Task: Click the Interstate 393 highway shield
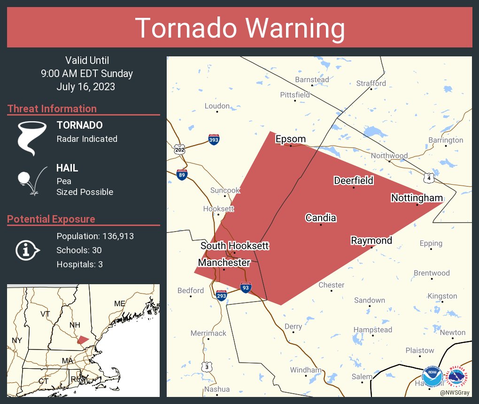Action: click(x=214, y=139)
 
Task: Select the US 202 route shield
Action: click(x=179, y=150)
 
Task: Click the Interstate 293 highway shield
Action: click(x=222, y=295)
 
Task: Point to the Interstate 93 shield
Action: click(x=245, y=287)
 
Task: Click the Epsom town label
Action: click(x=290, y=139)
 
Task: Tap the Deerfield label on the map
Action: click(x=354, y=180)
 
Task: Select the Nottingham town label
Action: click(x=417, y=198)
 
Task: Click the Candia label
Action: click(x=321, y=218)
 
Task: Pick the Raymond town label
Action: click(x=371, y=241)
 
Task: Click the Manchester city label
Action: click(x=224, y=263)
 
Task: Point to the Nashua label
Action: click(x=217, y=389)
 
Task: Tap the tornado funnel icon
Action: click(x=32, y=137)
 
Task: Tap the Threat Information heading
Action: click(x=52, y=109)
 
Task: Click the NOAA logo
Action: click(x=432, y=377)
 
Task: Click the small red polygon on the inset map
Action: click(x=83, y=340)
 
